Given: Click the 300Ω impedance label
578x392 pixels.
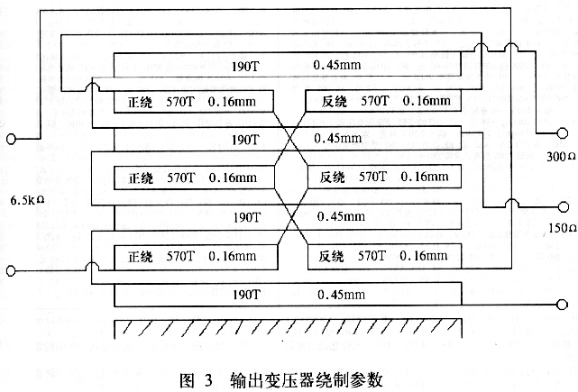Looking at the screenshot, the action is [x=561, y=157].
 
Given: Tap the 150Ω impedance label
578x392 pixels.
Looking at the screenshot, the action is [x=562, y=228].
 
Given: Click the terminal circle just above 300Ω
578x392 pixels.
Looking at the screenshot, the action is [x=562, y=133].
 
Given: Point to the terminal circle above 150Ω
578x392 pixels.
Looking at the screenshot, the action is [x=564, y=207].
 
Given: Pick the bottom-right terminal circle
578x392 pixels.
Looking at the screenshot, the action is [x=562, y=305].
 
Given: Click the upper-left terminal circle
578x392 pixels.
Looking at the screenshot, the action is [x=12, y=139].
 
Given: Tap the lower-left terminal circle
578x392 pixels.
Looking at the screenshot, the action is [x=11, y=271].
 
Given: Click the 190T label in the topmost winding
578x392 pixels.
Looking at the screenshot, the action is [x=245, y=67].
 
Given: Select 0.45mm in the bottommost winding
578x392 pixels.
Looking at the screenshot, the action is [x=342, y=295].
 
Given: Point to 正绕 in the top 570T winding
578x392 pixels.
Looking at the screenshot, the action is [x=140, y=103].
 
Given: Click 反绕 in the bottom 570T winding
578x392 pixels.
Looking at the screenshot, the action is [x=331, y=256].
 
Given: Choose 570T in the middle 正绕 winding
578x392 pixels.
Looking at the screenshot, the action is [x=180, y=178].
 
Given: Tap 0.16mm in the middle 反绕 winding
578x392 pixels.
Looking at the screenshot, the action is [x=425, y=177].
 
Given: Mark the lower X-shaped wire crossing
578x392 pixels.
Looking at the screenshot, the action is [x=293, y=218].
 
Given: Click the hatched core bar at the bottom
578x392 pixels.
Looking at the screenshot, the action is [x=289, y=329].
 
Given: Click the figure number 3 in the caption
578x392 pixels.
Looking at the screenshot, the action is [x=208, y=380].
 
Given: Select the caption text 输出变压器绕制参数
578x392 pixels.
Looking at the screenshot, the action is [x=307, y=380].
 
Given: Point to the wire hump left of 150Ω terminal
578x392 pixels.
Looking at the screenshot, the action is [x=511, y=203].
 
